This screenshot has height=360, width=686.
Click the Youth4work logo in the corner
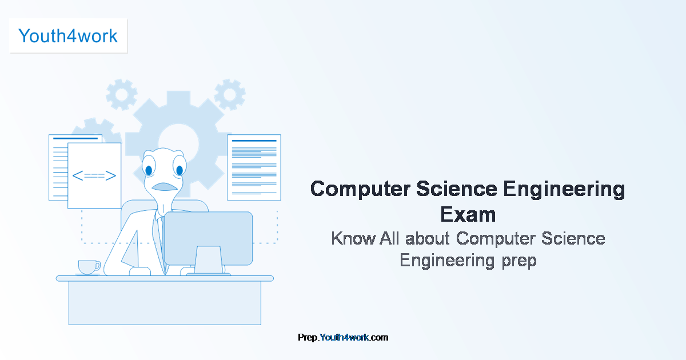[68, 36]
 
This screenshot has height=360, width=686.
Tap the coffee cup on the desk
[88, 267]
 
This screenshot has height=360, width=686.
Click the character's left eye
[149, 170]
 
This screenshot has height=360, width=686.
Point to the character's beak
[165, 187]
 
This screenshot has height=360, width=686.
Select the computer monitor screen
[208, 237]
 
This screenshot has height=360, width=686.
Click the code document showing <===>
[94, 175]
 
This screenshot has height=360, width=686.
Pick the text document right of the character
[254, 167]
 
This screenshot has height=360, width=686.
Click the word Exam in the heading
[468, 215]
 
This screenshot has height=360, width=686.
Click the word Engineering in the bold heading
[565, 189]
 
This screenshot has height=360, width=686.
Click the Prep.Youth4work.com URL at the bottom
[343, 337]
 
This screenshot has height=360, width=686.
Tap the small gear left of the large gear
[122, 94]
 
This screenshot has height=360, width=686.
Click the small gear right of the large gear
[230, 94]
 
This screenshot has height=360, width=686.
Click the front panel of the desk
[165, 303]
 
